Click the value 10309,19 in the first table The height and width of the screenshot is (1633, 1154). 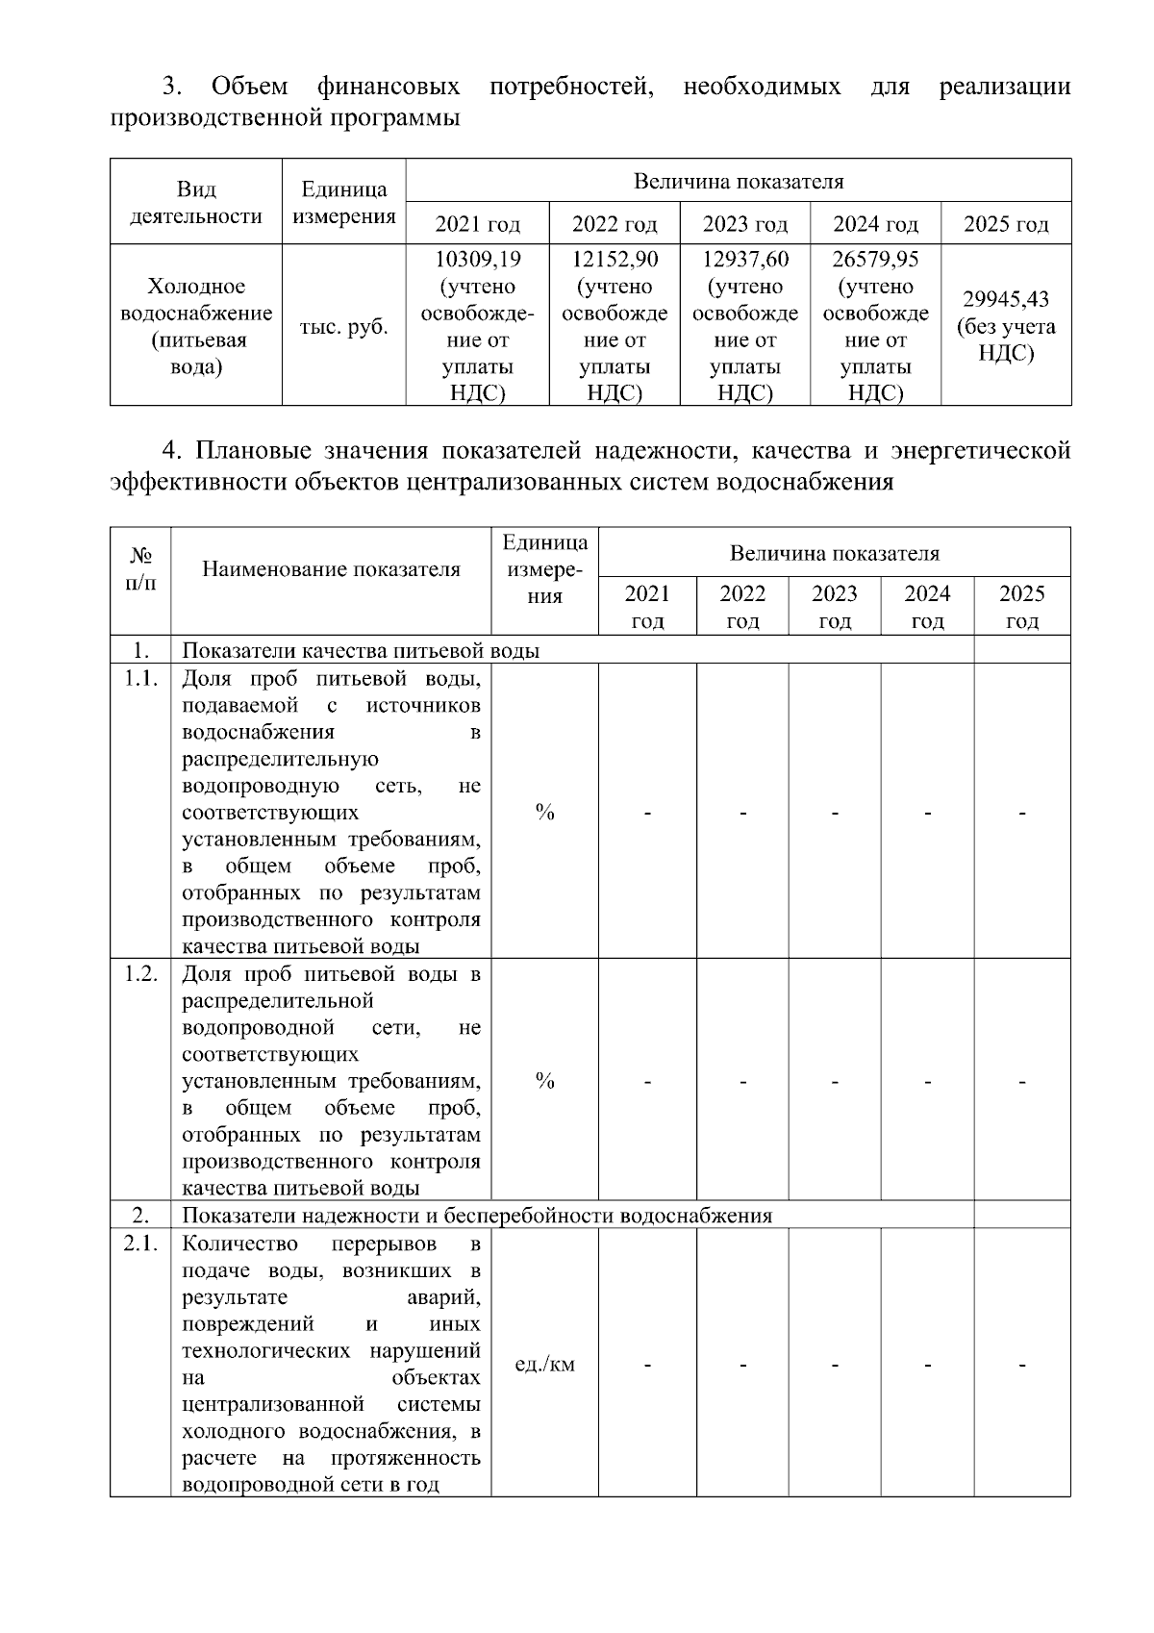477,260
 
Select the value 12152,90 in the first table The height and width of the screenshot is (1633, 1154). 615,260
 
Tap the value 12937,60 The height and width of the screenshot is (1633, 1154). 745,260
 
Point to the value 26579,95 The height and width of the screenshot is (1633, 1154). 875,260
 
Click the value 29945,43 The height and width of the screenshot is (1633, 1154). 1006,299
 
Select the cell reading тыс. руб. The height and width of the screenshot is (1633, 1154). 343,327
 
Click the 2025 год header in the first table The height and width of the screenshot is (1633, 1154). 1006,224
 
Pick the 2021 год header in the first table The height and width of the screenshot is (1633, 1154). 477,224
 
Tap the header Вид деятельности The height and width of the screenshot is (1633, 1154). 196,202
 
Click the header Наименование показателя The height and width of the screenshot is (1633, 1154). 331,569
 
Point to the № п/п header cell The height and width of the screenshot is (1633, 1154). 140,569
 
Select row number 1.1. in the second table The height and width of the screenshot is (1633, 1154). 140,679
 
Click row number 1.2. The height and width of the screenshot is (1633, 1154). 140,973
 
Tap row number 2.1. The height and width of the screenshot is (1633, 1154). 140,1244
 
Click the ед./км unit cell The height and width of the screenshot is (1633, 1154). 545,1365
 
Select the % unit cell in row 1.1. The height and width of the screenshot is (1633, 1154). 545,814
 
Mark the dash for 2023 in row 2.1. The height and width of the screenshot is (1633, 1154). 835,1365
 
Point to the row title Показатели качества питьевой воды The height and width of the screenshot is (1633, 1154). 361,651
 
